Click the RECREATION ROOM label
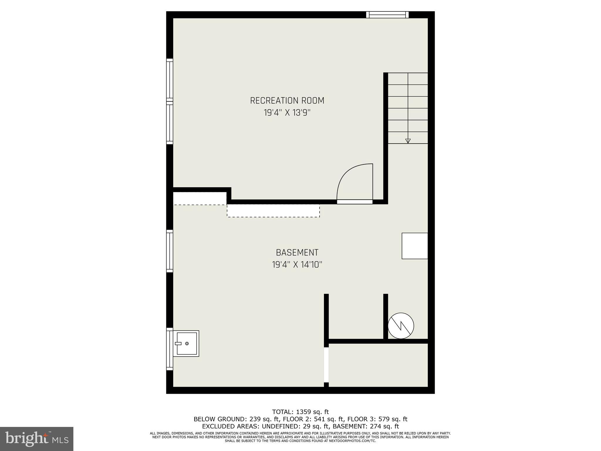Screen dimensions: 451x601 287,100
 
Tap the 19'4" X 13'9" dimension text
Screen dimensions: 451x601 287,113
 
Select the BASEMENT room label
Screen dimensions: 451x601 297,253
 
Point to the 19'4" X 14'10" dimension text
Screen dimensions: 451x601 297,265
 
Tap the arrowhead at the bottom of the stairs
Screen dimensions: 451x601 408,141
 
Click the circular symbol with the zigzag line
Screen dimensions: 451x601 401,326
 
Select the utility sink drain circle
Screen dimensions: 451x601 187,344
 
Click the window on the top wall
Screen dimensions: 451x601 387,15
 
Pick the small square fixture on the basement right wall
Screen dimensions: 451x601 415,246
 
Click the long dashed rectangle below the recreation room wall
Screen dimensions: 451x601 273,211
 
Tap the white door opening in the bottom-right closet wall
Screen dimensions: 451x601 326,365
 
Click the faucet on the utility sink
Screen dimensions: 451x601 178,344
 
